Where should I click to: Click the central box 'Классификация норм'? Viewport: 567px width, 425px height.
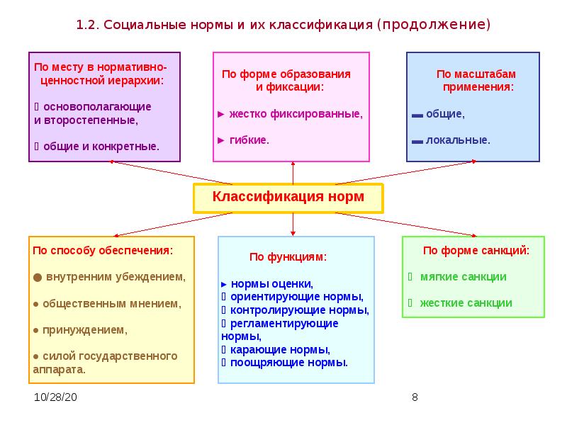tap(288, 197)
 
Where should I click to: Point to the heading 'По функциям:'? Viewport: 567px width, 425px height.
tap(288, 257)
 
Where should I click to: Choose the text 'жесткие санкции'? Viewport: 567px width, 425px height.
tap(466, 302)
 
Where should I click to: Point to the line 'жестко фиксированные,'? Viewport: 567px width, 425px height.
tap(295, 113)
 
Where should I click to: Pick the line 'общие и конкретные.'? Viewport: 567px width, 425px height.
tap(101, 146)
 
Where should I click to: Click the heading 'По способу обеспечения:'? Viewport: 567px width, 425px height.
tap(103, 250)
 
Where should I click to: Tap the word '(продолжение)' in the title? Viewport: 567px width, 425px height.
tap(433, 25)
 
